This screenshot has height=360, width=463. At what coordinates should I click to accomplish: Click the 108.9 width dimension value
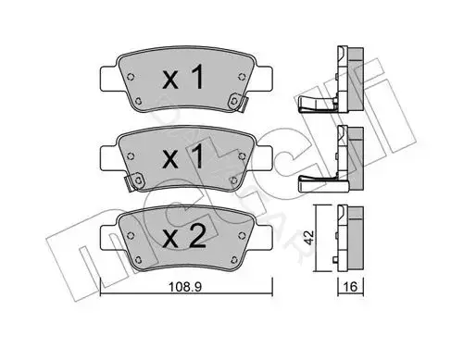[x=185, y=287]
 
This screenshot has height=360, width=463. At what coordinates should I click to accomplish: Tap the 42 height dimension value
[x=308, y=237]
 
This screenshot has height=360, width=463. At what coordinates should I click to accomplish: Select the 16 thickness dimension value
[x=350, y=287]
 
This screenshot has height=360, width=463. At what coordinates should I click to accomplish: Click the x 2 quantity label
[x=184, y=237]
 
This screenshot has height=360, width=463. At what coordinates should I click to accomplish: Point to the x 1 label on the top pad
[x=183, y=77]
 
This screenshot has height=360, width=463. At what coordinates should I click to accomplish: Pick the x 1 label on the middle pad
[x=183, y=157]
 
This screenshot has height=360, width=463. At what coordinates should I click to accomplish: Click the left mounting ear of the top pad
[x=108, y=79]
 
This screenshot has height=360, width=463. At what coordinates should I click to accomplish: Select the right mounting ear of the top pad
[x=264, y=79]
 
